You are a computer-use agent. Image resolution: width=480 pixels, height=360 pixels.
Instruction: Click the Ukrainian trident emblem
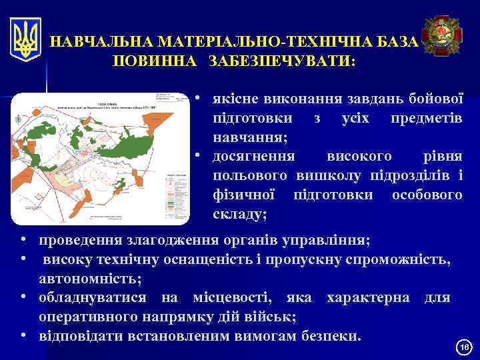coord(25,39)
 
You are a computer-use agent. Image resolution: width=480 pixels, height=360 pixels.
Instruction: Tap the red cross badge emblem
coord(442,37)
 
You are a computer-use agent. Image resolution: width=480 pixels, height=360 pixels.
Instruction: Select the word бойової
coord(436,99)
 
